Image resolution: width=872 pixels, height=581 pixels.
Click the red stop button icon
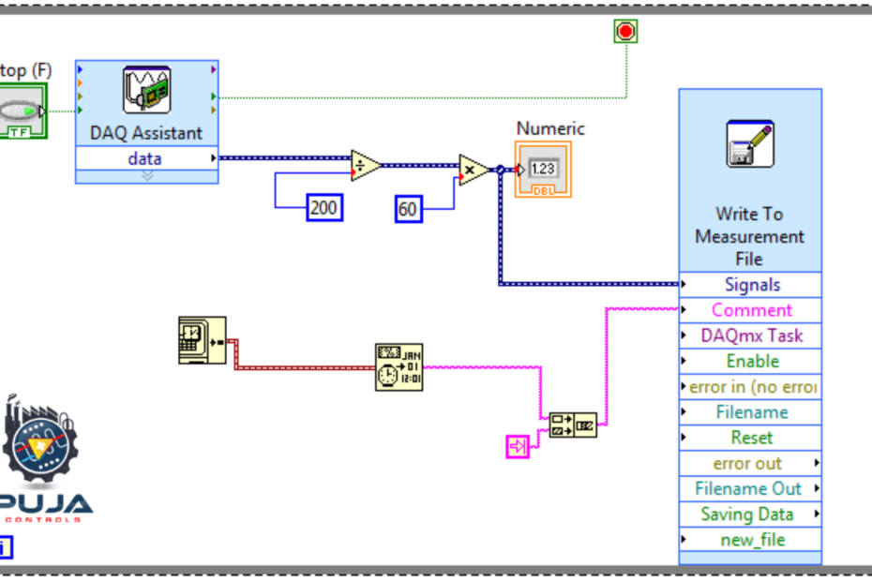click(x=625, y=32)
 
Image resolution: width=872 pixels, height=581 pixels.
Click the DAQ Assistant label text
click(x=145, y=133)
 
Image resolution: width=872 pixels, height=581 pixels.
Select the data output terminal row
click(x=145, y=158)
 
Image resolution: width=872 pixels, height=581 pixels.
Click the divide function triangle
click(x=364, y=166)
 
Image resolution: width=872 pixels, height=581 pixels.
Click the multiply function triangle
click(x=473, y=170)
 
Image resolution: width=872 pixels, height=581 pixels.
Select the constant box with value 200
click(x=324, y=208)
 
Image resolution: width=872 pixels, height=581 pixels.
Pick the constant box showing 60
click(x=408, y=209)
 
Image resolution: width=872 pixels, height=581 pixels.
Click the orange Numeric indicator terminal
click(x=542, y=170)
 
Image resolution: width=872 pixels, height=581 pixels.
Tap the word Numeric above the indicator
click(x=550, y=128)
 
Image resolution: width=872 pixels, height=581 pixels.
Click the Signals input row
click(x=751, y=285)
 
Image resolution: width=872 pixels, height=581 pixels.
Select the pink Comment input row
click(x=751, y=310)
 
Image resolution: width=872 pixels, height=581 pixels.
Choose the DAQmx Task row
click(x=751, y=335)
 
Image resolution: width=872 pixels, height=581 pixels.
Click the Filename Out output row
click(x=748, y=488)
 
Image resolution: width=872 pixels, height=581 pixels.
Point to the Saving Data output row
click(x=747, y=514)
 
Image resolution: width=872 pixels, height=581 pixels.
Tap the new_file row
click(x=752, y=540)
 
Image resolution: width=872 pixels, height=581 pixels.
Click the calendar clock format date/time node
click(x=398, y=365)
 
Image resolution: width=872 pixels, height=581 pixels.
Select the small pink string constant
click(x=518, y=447)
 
